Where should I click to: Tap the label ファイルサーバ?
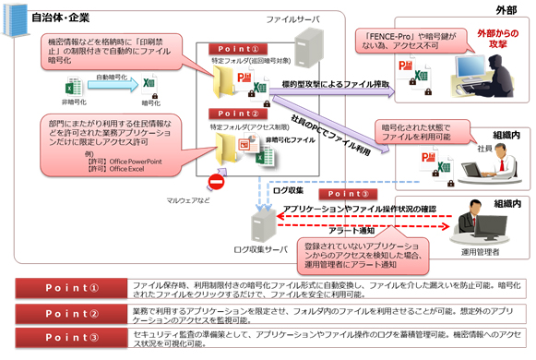coord(292,18)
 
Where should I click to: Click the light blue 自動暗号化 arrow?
coord(113,85)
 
